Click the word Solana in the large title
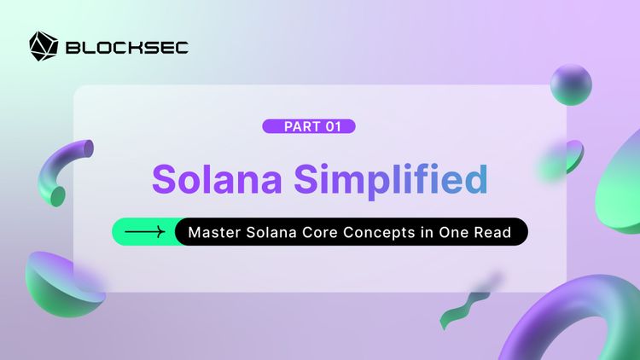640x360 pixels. [x=217, y=178]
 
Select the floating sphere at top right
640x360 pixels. [x=571, y=84]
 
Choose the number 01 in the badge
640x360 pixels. [x=335, y=126]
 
